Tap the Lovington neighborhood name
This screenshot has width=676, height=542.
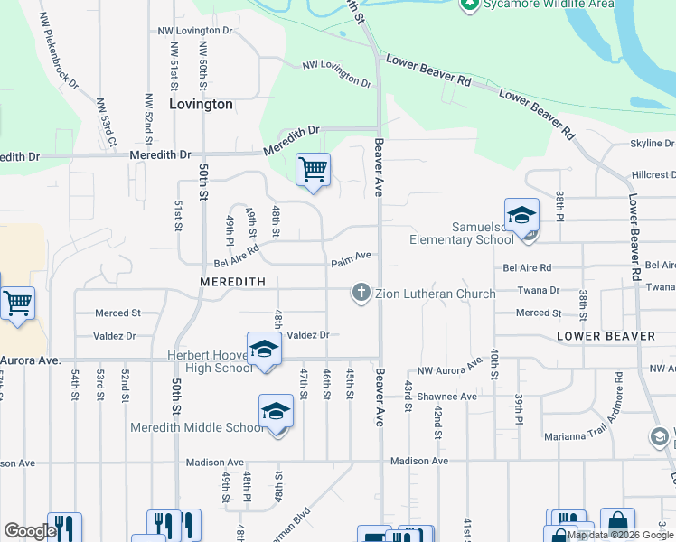201,104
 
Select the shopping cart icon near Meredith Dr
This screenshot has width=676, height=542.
313,169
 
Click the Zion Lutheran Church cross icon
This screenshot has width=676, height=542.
361,293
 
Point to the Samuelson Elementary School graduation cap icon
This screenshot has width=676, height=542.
521,216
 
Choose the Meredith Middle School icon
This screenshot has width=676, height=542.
276,413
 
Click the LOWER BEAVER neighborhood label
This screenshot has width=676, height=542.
606,336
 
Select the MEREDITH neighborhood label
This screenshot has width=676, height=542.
233,282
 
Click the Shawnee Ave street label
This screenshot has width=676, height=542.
446,397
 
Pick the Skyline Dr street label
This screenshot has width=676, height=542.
652,144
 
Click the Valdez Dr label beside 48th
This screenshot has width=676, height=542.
308,334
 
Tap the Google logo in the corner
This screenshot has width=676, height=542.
30,531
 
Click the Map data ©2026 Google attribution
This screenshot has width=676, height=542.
621,535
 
